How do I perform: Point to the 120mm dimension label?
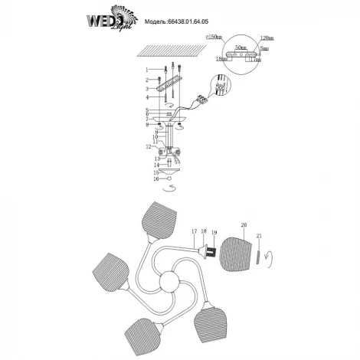point(267,38)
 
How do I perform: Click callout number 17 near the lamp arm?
point(194,231)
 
